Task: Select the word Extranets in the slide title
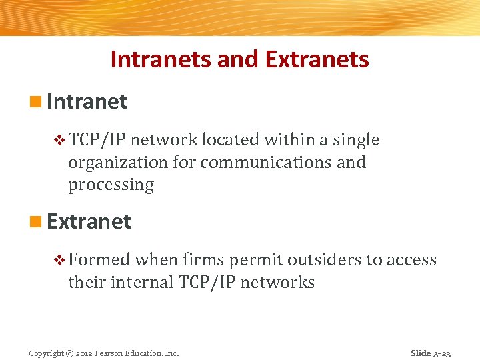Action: tap(317, 59)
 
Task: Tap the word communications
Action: tap(265, 162)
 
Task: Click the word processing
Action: tap(111, 185)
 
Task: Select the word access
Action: tap(414, 260)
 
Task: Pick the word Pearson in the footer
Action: tap(108, 353)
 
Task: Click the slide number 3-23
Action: tap(443, 353)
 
